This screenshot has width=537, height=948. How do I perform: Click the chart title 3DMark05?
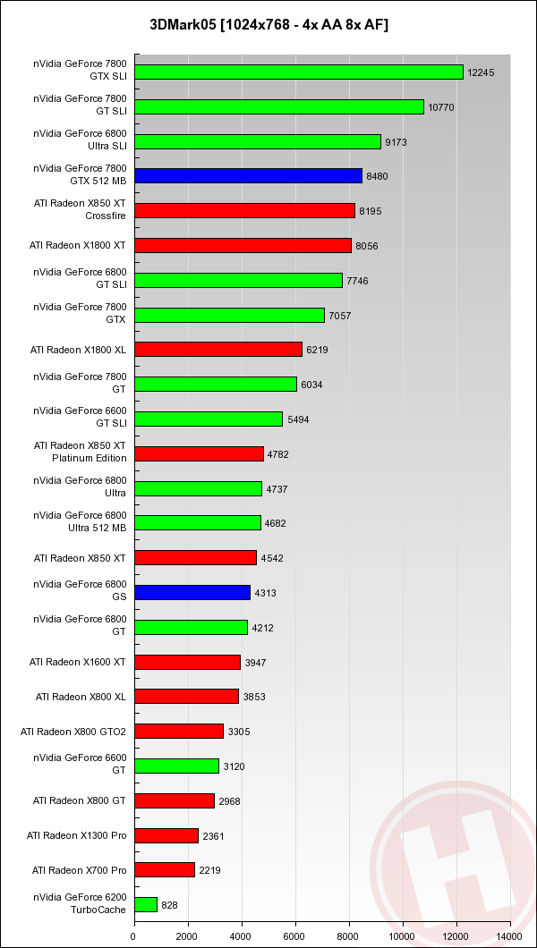tap(268, 25)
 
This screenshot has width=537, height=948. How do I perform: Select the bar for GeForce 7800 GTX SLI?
tap(298, 72)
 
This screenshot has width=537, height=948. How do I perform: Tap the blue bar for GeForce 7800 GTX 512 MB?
tap(248, 176)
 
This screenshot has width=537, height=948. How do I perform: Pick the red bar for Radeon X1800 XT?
tap(242, 245)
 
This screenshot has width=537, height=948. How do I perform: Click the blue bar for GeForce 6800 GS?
tap(192, 592)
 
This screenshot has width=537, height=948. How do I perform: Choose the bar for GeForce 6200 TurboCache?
tap(145, 904)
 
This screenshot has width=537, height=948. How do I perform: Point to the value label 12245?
tap(481, 72)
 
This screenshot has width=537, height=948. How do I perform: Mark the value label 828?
tap(169, 905)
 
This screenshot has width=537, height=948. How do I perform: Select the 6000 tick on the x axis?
tap(295, 936)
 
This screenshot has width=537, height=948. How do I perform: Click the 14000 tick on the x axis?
tap(509, 936)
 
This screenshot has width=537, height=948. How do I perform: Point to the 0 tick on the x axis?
tap(133, 936)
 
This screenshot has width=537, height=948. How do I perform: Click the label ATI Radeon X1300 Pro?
tap(77, 835)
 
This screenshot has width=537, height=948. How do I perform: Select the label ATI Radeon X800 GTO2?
tap(73, 732)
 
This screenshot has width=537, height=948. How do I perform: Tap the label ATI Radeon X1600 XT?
tap(78, 662)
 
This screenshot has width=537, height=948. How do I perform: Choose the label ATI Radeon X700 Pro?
tap(80, 870)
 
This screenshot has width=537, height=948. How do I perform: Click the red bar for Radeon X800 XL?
tap(186, 696)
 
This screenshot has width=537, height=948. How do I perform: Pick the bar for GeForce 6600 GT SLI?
tap(208, 419)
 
